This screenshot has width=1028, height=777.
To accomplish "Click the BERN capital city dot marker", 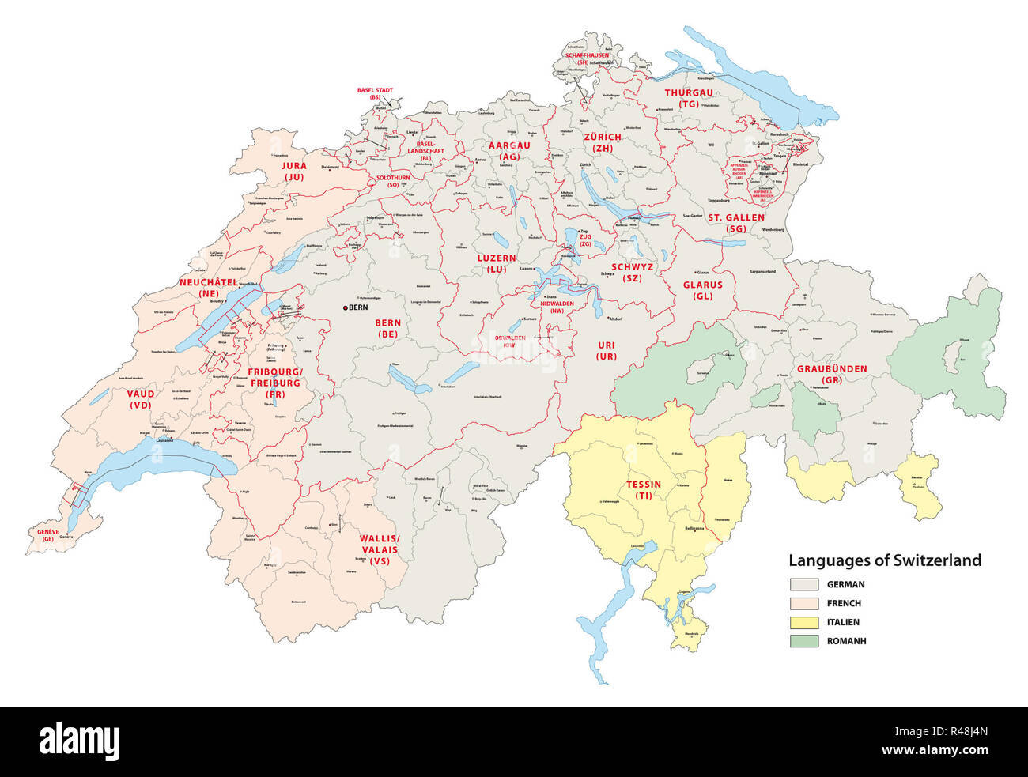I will (345, 307).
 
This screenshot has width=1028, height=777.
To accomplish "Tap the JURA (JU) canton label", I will (293, 172).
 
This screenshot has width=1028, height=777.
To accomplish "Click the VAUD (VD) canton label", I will (141, 398).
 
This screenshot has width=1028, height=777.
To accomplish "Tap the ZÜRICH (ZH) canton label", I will (603, 142).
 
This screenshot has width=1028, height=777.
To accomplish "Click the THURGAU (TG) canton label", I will (688, 98).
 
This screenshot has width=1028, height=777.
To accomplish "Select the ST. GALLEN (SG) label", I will (735, 223).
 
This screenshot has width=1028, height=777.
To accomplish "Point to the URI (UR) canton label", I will (606, 351).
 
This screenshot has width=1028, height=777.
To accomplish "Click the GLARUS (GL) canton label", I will (702, 290).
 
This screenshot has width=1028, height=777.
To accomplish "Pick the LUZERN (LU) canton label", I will (496, 263).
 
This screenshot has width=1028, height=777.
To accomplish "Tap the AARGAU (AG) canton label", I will (509, 151).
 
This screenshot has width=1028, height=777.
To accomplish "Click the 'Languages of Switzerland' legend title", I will (885, 560).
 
